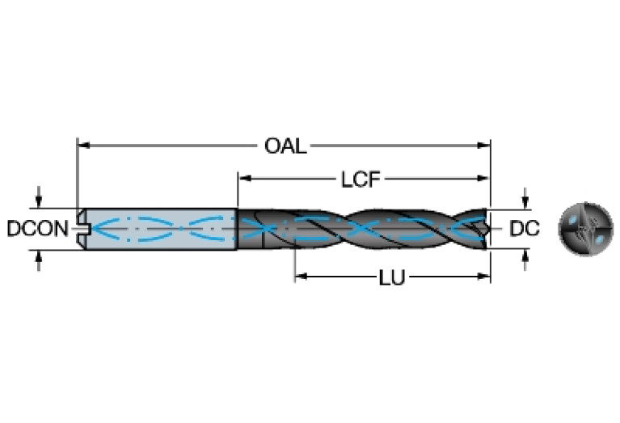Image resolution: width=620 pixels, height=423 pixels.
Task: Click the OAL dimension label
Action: tap(285, 146)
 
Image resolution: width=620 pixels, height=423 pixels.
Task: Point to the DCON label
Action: tap(37, 229)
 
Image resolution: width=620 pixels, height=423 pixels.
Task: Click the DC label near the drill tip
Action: tap(525, 229)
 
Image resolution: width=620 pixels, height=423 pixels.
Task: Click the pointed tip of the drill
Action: tap(489, 228)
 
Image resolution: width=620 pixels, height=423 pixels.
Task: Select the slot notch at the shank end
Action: tap(82, 229)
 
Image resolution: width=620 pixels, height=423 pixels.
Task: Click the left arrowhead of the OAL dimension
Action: tap(82, 146)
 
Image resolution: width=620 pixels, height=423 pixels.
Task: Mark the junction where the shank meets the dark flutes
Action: tap(237, 229)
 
